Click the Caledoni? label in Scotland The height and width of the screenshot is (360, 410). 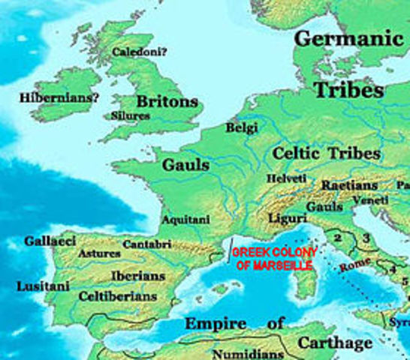(140, 52)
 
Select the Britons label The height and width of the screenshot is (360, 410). (167, 100)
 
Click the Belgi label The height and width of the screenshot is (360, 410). (242, 128)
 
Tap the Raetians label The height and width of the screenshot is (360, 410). (349, 184)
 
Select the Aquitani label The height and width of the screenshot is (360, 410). (185, 219)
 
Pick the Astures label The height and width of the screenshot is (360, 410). (98, 253)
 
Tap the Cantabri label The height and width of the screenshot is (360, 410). (146, 244)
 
